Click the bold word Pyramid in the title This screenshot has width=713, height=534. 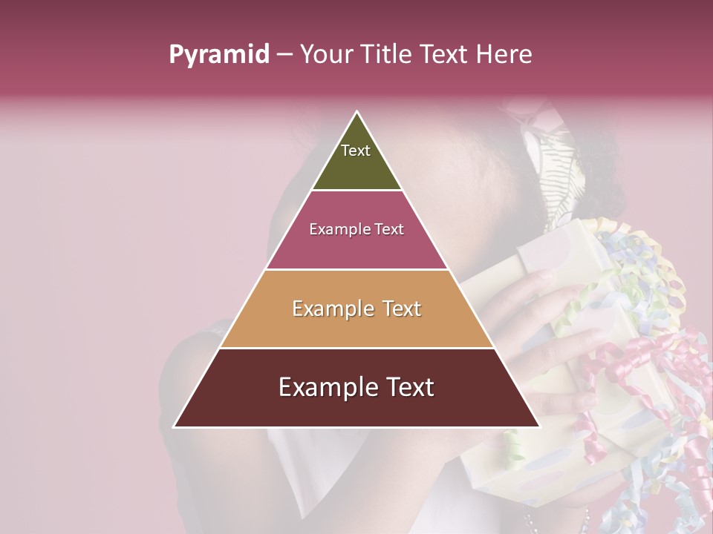[218, 55]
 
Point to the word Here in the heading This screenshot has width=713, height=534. [505, 55]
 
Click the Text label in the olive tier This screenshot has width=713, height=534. [356, 151]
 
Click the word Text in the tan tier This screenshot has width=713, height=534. [399, 309]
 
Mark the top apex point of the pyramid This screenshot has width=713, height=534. [356, 112]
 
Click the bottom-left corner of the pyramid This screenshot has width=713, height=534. [174, 426]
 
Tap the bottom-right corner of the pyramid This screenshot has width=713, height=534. [539, 426]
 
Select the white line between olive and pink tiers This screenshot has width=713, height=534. [356, 191]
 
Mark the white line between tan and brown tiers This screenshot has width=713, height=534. [356, 348]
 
